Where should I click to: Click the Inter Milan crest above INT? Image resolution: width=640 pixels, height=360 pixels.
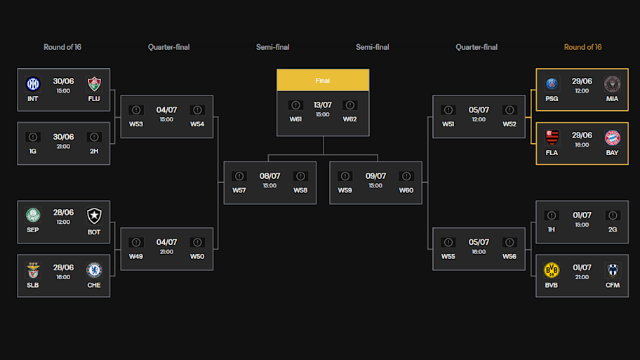point(33,84)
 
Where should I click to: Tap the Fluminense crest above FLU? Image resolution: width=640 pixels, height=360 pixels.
point(94,84)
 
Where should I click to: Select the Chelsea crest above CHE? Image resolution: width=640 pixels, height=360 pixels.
point(94,270)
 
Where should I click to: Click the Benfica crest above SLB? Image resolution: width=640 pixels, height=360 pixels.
point(33,270)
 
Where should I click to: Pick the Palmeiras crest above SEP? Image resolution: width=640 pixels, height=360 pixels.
point(33,215)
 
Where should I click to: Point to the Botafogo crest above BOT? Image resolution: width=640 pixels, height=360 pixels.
point(94,215)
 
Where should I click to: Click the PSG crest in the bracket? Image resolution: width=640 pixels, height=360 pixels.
point(552,84)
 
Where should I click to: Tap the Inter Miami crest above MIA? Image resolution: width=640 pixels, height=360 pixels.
point(613,84)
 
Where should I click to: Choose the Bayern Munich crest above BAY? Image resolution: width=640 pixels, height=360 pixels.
point(613,138)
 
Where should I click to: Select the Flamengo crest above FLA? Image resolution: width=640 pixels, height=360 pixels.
point(552,138)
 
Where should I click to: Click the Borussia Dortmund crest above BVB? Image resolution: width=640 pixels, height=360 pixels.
point(552,270)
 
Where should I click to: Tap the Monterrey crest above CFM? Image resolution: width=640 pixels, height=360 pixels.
point(613,270)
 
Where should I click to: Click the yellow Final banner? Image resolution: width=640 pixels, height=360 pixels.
point(323,81)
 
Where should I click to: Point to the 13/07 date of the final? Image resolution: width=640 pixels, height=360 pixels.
point(323,105)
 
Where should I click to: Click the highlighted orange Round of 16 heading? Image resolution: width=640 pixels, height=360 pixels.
point(582,47)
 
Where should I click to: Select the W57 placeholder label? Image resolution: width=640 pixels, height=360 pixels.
point(239,190)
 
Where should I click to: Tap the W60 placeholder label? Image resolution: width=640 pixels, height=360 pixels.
point(406,190)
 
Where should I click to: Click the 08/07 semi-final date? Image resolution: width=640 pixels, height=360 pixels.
point(269,176)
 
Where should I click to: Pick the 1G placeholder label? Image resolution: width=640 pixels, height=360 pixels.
point(33,150)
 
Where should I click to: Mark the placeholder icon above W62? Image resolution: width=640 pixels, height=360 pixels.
point(349,105)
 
